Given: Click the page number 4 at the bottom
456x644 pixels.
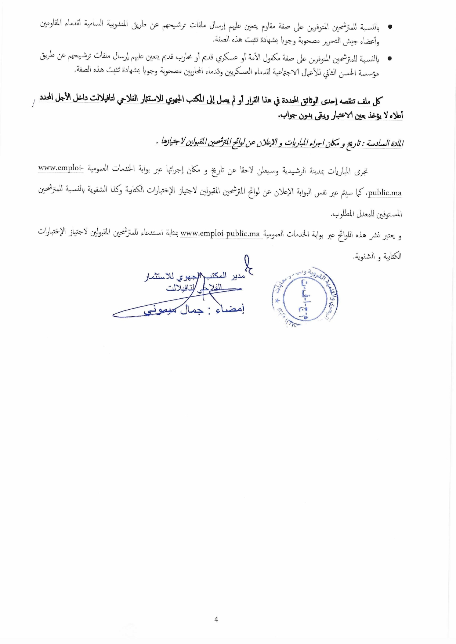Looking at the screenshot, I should point(216,619).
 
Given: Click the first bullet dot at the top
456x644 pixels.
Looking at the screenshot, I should point(390,27).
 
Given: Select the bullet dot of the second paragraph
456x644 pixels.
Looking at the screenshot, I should point(390,58).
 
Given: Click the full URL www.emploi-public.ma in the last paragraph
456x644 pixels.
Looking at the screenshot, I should point(220,233).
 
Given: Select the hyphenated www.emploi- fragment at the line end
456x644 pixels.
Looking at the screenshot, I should point(61,168).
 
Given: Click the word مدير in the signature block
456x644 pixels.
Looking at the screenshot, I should point(237,276).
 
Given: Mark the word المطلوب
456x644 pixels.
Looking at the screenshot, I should point(342,214).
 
